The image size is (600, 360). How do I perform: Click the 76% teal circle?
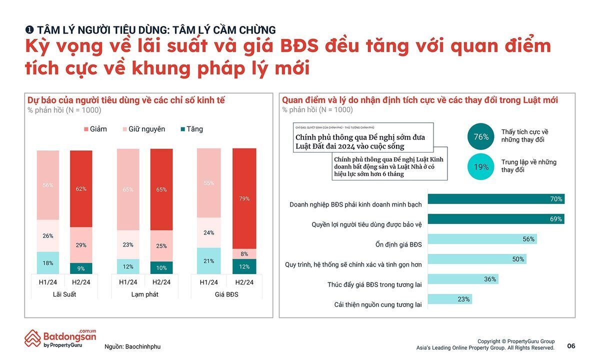pos(481,136)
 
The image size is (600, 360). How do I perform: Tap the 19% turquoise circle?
pos(481,167)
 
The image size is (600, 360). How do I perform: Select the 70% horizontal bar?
pos(496,199)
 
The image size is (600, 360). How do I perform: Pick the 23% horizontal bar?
pos(449,299)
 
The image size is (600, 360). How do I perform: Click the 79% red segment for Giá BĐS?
pos(244,198)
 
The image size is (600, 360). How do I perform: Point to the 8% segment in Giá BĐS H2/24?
pos(244,253)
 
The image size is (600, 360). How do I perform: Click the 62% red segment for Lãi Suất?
pos(81,188)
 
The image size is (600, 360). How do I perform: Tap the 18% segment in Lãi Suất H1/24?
pos(48,262)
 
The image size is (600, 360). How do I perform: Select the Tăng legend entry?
pos(191,129)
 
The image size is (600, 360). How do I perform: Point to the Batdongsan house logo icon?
pos(33,338)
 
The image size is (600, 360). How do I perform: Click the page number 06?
pos(571,346)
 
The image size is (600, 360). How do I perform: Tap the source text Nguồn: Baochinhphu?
pos(132,346)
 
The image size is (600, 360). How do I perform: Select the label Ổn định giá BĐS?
pos(398,244)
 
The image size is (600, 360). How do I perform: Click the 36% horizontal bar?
pos(463,279)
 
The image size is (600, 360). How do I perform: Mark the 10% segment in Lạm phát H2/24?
pos(161,267)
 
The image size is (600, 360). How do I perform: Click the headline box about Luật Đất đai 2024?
pos(363,137)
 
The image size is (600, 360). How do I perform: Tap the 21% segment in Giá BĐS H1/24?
pos(208,260)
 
